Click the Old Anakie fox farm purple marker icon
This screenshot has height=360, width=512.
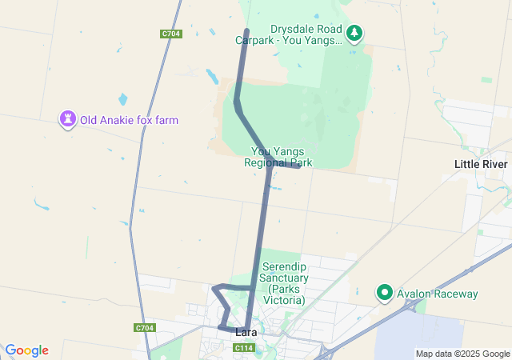point(68,120)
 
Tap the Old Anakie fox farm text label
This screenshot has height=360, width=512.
point(129,120)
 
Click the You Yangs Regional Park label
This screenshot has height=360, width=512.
point(278,157)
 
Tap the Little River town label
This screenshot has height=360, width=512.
point(481,164)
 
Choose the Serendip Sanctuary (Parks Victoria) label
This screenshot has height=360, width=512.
point(283,282)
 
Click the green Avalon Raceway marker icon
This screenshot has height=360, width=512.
point(385,294)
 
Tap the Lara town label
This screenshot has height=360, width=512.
point(246,332)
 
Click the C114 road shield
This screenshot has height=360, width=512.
point(245,348)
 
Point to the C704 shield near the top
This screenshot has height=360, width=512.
point(170,34)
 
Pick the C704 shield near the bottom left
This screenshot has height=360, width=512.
point(144,328)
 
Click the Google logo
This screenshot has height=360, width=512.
point(26,350)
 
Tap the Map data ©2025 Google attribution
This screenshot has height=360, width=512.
point(462,354)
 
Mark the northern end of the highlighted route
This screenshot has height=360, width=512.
point(246,31)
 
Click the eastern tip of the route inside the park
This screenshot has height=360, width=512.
point(298,166)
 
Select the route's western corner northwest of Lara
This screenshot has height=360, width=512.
point(214,287)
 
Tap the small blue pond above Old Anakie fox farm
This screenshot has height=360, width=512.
point(122,100)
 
